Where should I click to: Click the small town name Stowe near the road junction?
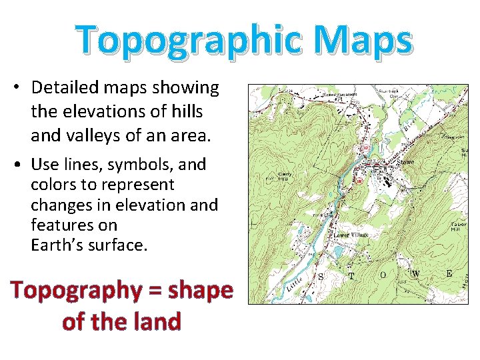coord(405,161)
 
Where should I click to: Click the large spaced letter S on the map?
coord(321,276)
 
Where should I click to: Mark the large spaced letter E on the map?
coord(449,273)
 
